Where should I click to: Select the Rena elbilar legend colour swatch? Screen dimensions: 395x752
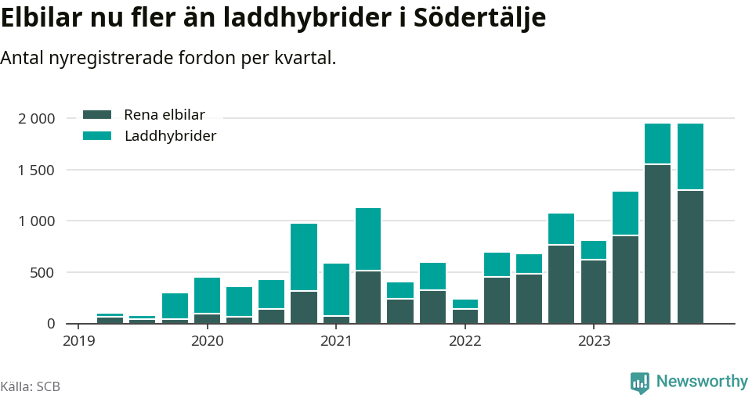(98, 115)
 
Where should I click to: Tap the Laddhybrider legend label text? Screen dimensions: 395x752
(170, 136)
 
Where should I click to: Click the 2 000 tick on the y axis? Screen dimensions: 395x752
(36, 119)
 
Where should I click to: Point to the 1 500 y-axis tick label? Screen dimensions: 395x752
(36, 171)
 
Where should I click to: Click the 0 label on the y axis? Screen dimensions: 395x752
(52, 324)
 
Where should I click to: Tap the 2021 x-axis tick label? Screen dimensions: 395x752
(336, 341)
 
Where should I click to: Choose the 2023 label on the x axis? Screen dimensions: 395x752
(594, 341)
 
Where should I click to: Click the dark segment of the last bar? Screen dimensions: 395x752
(690, 257)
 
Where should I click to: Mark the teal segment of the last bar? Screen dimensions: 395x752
(690, 156)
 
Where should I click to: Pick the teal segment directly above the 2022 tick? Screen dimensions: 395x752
(465, 303)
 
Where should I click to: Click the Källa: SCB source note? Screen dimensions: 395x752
(31, 386)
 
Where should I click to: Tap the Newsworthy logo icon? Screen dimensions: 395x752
(640, 382)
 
